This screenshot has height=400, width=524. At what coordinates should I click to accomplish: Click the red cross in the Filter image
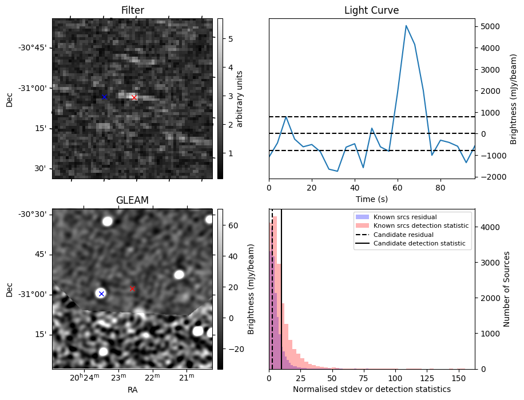click(x=134, y=98)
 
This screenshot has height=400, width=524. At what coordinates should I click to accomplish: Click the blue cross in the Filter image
click(x=104, y=97)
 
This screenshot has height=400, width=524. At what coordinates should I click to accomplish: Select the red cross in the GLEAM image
click(x=132, y=288)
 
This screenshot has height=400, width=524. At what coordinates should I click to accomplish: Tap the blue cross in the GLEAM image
click(x=102, y=294)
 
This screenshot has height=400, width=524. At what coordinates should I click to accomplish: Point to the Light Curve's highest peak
click(x=406, y=25)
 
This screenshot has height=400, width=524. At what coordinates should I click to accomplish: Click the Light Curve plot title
click(x=372, y=10)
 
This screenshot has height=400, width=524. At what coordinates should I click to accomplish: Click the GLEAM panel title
click(x=132, y=200)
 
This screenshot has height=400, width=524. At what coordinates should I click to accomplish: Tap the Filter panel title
click(x=133, y=10)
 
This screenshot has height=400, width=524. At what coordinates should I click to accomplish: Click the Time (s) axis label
click(x=372, y=199)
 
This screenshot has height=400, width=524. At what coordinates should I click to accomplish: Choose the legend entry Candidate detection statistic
click(x=419, y=243)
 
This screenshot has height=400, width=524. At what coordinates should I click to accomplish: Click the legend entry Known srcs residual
click(x=405, y=217)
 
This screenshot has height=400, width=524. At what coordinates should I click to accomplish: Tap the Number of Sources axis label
click(x=506, y=289)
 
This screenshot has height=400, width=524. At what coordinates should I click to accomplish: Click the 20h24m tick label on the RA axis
click(x=85, y=377)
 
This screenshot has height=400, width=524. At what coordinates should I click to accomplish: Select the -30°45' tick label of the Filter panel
click(x=35, y=48)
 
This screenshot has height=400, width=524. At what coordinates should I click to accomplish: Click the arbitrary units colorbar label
click(x=239, y=99)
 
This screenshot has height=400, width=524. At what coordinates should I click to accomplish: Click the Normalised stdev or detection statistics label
click(x=372, y=389)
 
